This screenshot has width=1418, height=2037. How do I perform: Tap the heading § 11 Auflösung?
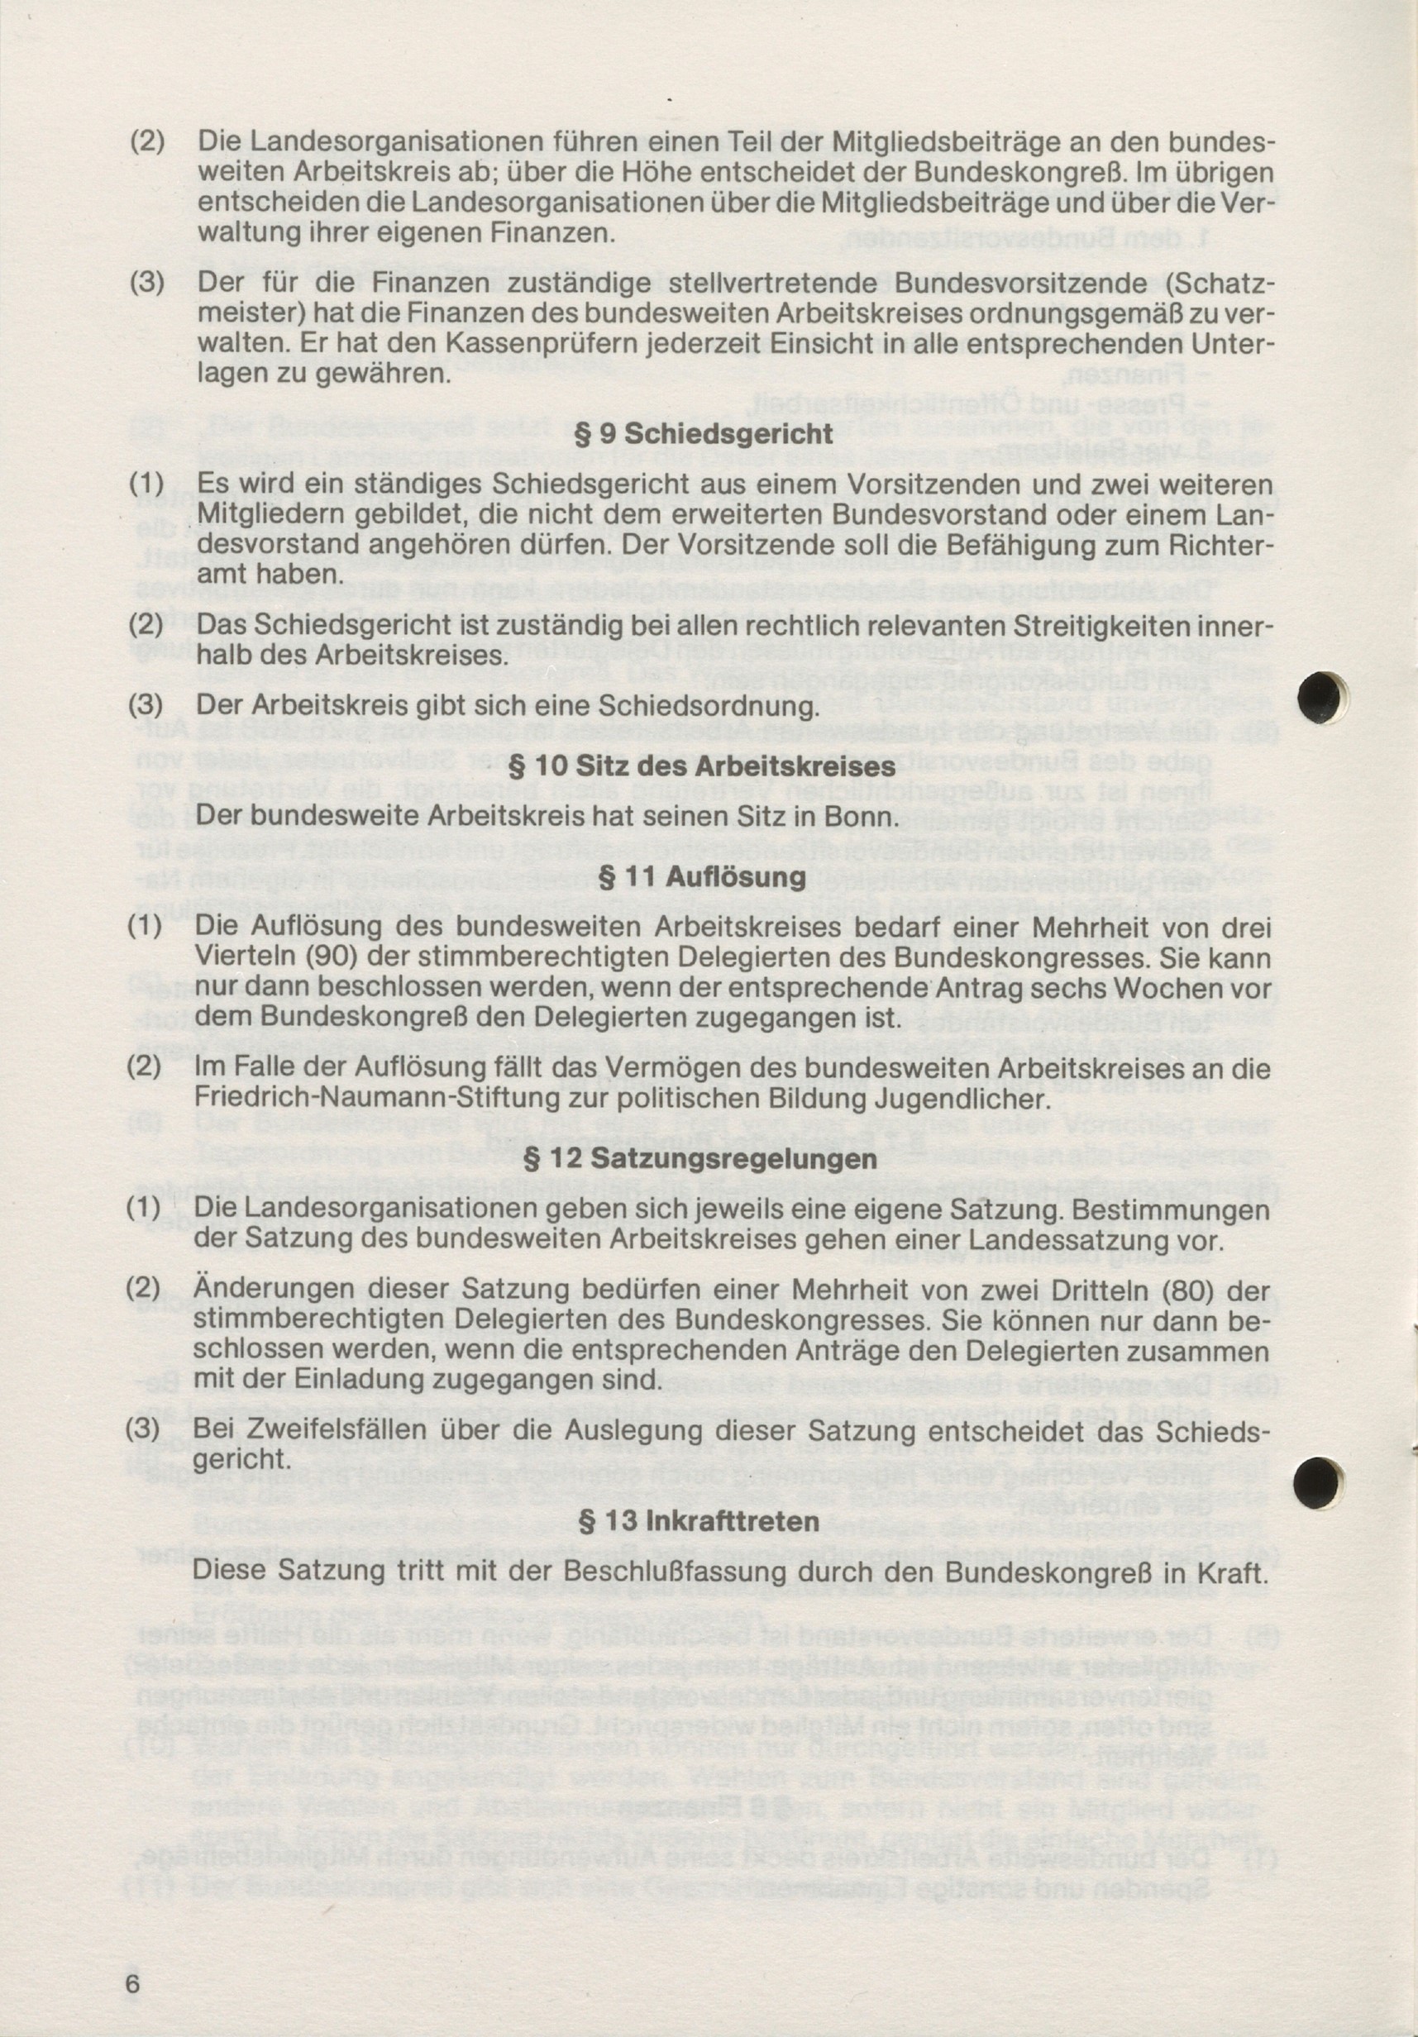[704, 877]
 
